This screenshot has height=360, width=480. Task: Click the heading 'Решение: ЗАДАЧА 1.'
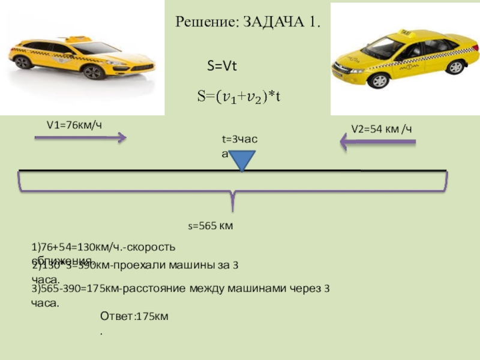tap(248, 23)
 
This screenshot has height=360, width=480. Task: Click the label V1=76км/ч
tap(74, 125)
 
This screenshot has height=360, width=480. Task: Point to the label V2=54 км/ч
tap(381, 128)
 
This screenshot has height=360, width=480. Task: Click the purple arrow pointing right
tap(80, 138)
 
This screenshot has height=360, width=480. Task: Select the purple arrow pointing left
tap(378, 142)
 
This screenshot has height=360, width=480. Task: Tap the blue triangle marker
tap(242, 160)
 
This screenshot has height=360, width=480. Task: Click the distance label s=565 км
tap(211, 226)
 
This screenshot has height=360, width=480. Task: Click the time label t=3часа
tap(239, 139)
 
